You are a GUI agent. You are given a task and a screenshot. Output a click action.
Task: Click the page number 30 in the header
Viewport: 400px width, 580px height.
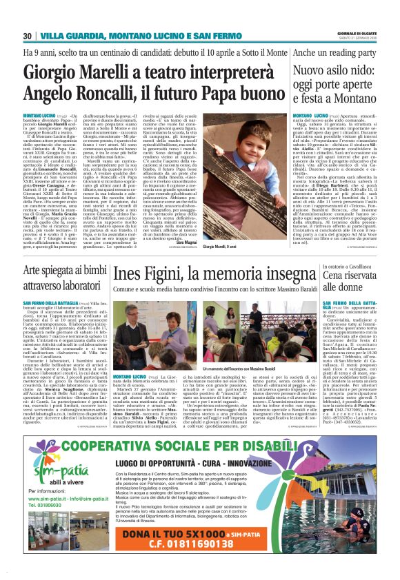(27, 36)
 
